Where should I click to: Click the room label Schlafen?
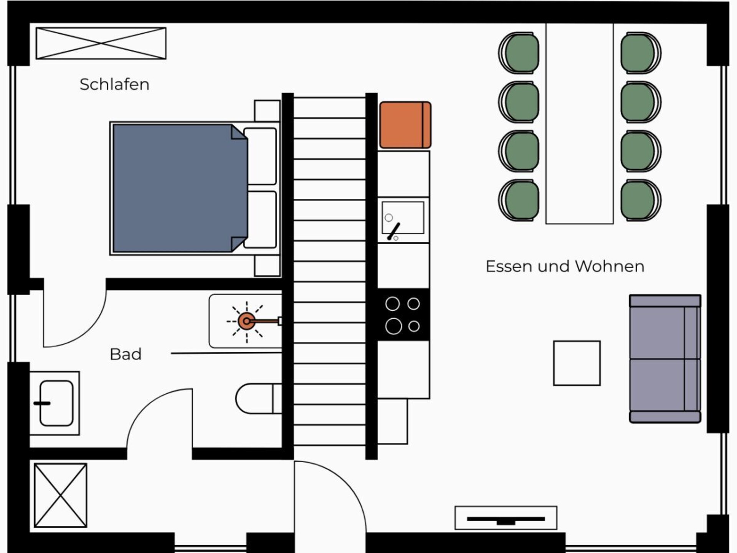click(114, 84)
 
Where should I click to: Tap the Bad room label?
click(126, 354)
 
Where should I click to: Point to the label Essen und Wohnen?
click(565, 267)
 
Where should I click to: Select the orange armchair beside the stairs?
click(405, 125)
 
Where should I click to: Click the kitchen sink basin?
click(403, 218)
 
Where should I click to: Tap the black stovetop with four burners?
click(403, 315)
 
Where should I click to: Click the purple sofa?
click(665, 359)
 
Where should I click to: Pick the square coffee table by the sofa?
click(577, 363)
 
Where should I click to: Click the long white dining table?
click(580, 123)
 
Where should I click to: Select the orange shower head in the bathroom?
click(246, 321)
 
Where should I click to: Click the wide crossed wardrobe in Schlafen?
click(101, 43)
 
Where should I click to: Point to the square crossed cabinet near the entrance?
click(60, 495)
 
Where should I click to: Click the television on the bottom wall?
click(506, 518)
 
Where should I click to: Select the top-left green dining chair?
click(519, 53)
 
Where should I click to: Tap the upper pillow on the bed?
click(260, 156)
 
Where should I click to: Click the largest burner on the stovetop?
click(393, 326)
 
